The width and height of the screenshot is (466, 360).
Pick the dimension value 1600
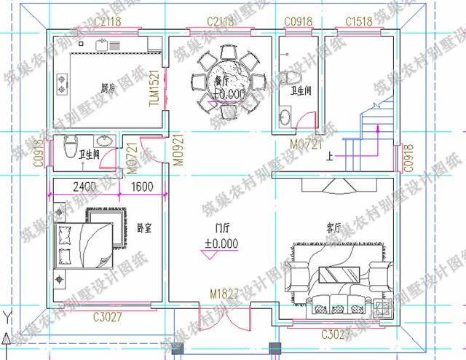tap(142, 187)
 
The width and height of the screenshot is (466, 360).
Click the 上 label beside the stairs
tap(331, 155)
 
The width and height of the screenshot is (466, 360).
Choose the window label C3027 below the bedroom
tap(108, 317)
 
